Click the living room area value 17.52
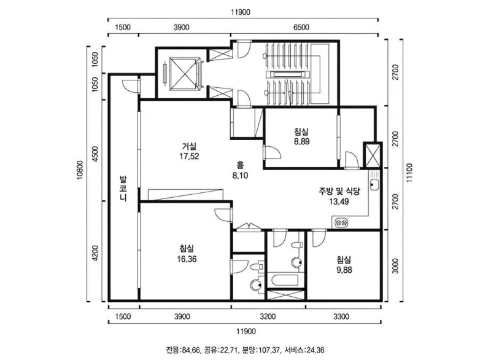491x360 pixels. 189,156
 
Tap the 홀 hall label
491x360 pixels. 240,165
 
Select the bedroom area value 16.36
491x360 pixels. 187,259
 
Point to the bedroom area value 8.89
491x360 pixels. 301,142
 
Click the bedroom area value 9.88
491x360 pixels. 344,270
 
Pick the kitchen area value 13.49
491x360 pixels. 339,202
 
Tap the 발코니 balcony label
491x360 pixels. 123,189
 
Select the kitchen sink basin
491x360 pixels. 374,185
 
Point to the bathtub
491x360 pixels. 285,280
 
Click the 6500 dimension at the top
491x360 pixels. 301,27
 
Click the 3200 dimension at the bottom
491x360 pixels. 268,317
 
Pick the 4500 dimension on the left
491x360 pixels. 96,154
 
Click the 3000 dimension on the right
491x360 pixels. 396,266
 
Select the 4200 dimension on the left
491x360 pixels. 96,254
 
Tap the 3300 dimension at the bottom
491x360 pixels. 341,317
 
